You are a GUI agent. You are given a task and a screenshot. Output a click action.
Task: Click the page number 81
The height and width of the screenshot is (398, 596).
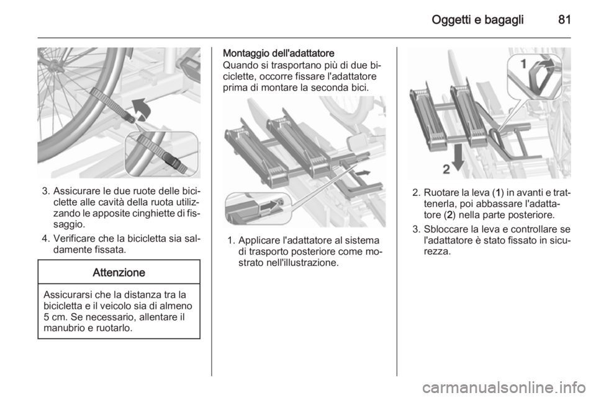click(564, 19)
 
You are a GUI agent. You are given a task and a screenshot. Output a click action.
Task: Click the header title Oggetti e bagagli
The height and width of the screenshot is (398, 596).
click(477, 20)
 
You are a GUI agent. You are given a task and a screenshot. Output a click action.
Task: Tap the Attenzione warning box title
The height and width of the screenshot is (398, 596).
click(119, 272)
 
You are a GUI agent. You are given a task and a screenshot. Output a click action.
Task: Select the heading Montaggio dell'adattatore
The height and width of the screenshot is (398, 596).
click(279, 53)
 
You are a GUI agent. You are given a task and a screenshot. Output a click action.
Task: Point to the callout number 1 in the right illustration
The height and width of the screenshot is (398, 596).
click(523, 64)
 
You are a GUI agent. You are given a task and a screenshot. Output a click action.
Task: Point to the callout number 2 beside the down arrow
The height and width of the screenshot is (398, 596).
click(446, 169)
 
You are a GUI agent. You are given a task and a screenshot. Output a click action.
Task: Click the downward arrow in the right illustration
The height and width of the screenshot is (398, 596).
click(458, 157)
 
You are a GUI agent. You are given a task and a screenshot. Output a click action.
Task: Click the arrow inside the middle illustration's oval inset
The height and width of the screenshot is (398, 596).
click(271, 205)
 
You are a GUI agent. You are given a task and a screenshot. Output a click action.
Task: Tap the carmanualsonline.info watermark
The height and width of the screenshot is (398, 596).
click(506, 387)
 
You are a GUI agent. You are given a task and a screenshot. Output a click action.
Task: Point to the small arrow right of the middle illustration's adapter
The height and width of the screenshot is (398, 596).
click(363, 173)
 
